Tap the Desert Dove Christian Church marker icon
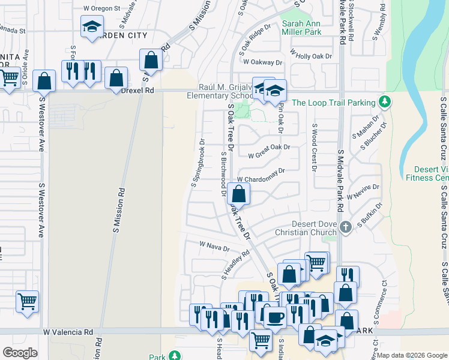coord(345,227)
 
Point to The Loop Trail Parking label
coord(333,103)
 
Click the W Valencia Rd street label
coord(68,332)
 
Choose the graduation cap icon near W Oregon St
coord(92,26)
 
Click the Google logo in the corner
coord(20,353)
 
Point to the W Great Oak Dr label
coord(269,147)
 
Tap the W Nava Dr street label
coord(214,246)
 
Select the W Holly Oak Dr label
coord(311,56)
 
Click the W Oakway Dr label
coord(262,62)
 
